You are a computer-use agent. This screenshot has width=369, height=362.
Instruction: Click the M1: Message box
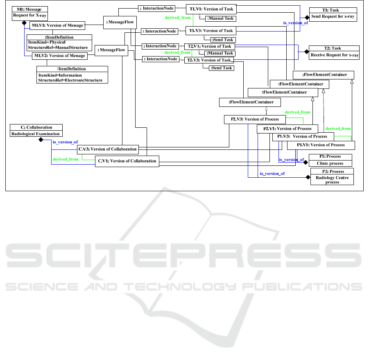tap(29, 11)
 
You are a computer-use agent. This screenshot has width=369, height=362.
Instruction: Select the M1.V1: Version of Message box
tap(57, 25)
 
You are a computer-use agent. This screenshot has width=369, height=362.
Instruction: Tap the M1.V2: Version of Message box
tap(59, 56)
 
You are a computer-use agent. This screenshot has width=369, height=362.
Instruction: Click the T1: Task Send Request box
tap(333, 14)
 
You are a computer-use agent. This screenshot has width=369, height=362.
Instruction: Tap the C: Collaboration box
tap(36, 130)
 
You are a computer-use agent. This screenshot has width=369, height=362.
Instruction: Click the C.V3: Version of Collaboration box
tap(107, 149)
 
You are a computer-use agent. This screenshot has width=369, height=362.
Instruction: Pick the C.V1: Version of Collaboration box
tap(127, 161)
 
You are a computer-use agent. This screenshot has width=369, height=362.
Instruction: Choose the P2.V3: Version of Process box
tap(254, 119)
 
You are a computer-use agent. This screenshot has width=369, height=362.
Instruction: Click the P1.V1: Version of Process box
tap(321, 145)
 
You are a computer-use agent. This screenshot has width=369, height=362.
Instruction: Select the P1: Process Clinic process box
tap(330, 160)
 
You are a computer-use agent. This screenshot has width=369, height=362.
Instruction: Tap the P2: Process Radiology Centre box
tap(332, 176)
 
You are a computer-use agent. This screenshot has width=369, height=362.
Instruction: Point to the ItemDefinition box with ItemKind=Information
tap(72, 75)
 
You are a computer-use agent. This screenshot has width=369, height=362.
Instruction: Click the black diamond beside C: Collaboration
tap(41, 140)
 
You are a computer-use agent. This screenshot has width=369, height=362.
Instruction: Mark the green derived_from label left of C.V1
tap(66, 159)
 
